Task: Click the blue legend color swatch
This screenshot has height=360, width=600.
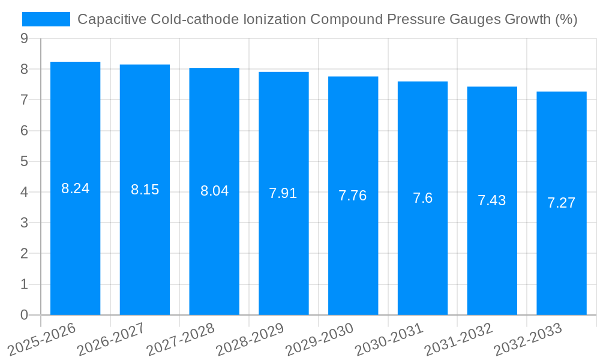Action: (46, 19)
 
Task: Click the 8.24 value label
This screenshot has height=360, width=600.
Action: (75, 188)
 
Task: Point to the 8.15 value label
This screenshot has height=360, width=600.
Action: (145, 190)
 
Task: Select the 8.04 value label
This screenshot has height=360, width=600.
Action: (214, 191)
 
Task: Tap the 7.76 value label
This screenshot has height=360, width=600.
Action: (353, 196)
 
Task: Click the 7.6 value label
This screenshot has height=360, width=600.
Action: (422, 198)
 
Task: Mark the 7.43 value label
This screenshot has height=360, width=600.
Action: (492, 200)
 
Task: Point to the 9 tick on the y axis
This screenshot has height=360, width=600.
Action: (24, 38)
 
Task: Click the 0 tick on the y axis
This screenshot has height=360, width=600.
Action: (24, 315)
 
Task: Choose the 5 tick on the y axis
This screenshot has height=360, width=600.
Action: (24, 161)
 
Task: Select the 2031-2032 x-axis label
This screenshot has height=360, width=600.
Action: (459, 340)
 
